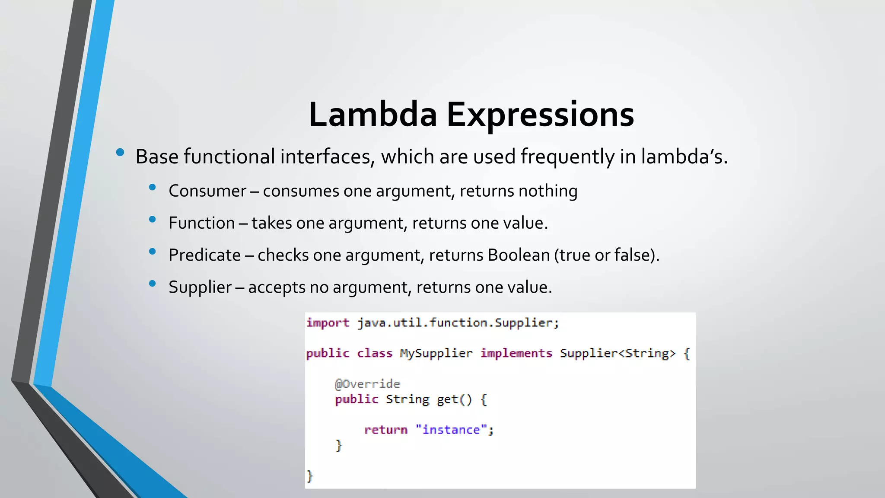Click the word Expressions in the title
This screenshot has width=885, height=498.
coord(540,115)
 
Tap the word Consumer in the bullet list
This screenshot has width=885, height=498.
coord(207,191)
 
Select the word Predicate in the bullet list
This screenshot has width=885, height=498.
coord(204,255)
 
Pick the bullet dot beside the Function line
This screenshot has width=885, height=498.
coord(152,220)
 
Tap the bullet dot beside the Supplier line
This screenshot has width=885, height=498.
coord(152,284)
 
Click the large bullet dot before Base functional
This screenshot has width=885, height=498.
coord(120,152)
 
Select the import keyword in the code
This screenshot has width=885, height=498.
coord(328,323)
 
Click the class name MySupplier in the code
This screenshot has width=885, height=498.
coord(436,354)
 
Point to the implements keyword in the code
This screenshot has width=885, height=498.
coord(516,354)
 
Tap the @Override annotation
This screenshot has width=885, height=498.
coord(367,384)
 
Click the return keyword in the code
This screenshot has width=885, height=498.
coord(385,430)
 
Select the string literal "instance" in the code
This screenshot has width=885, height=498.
coord(451,430)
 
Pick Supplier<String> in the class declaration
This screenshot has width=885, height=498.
coord(618,354)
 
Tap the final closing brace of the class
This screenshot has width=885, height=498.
coord(309,476)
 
